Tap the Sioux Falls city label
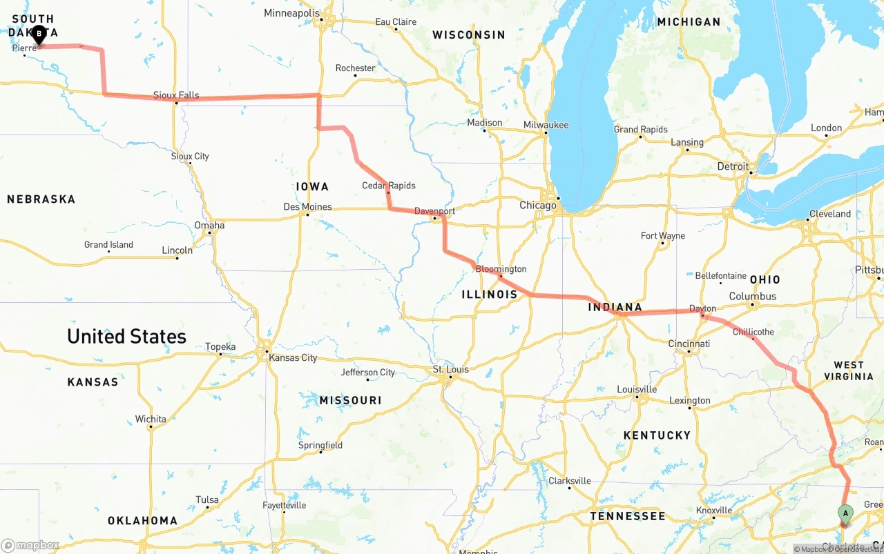click(176, 95)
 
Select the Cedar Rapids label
click(388, 186)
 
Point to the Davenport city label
click(434, 211)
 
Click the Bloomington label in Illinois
click(501, 269)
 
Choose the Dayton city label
click(702, 308)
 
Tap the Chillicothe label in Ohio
click(753, 332)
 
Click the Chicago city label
click(537, 206)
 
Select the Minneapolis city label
click(291, 13)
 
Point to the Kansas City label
click(293, 357)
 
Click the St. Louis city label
click(450, 369)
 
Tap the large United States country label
click(126, 337)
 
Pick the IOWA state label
click(312, 186)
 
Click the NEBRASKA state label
click(41, 199)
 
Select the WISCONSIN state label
click(468, 34)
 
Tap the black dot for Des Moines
click(308, 215)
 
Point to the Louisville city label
click(636, 389)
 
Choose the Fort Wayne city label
click(662, 235)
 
